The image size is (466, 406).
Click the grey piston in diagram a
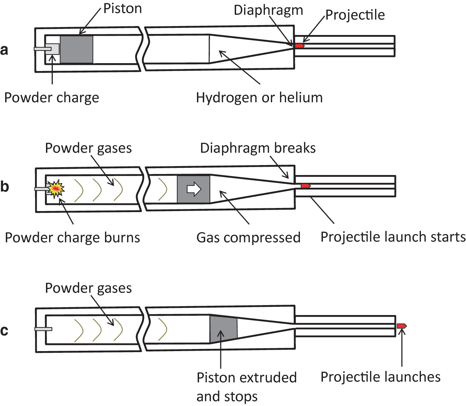(76, 49)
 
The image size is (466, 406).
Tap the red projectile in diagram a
(300, 46)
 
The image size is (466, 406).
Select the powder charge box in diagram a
(54, 49)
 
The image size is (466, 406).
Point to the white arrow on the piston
(194, 189)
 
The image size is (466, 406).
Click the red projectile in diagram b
(305, 186)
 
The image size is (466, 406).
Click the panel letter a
(4, 50)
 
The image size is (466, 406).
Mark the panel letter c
(4, 330)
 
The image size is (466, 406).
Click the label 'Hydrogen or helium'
(259, 98)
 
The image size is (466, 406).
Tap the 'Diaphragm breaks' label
(258, 148)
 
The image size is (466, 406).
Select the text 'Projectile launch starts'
(393, 237)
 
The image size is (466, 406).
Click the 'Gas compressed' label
(248, 237)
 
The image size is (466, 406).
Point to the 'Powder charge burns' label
(72, 237)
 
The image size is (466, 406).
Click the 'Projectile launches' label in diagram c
(380, 377)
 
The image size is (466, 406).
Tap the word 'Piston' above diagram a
(123, 9)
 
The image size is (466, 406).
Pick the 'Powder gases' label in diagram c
(88, 288)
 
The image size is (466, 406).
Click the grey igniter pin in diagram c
(43, 329)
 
